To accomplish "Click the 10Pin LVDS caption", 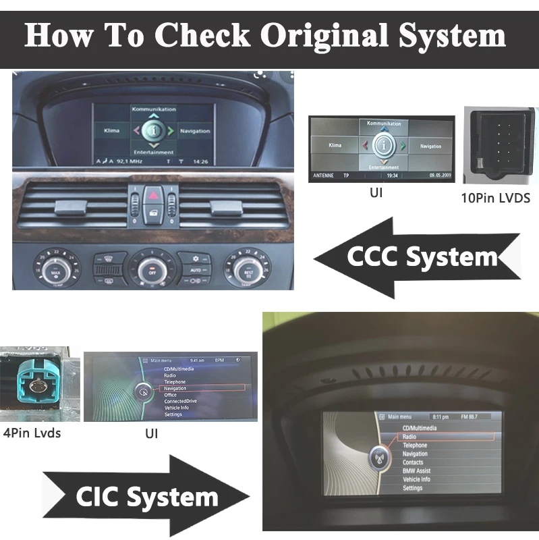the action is (x=497, y=198).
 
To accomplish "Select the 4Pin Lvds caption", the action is (x=32, y=433).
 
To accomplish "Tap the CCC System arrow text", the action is (x=422, y=257).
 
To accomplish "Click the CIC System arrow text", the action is (x=147, y=497).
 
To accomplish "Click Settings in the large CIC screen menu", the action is (x=412, y=487).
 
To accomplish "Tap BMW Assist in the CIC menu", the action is (x=416, y=470).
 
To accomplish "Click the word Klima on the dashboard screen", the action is (x=112, y=130).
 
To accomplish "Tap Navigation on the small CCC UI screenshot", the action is (x=430, y=146).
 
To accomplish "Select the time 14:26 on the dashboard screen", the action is (x=200, y=161).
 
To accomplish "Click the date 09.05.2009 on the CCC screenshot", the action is (x=439, y=176).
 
